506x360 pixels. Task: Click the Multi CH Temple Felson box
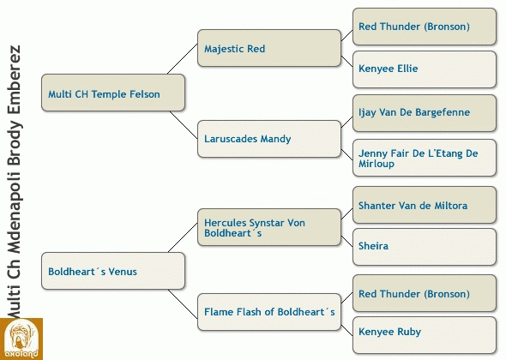pyautogui.click(x=113, y=93)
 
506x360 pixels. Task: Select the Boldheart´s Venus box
pyautogui.click(x=113, y=271)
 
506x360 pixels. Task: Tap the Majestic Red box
pyautogui.click(x=269, y=48)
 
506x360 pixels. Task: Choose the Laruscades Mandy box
pyautogui.click(x=269, y=139)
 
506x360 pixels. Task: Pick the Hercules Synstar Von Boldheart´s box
pyautogui.click(x=269, y=227)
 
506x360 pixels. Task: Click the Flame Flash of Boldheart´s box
pyautogui.click(x=269, y=312)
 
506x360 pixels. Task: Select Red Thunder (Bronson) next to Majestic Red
pyautogui.click(x=425, y=27)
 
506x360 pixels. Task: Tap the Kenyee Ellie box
pyautogui.click(x=425, y=69)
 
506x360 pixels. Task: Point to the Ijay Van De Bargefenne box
pyautogui.click(x=425, y=113)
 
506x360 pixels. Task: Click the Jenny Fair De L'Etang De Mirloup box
pyautogui.click(x=425, y=158)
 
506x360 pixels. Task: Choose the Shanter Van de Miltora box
pyautogui.click(x=425, y=205)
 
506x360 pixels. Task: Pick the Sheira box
pyautogui.click(x=425, y=247)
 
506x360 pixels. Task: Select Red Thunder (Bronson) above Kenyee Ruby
pyautogui.click(x=425, y=293)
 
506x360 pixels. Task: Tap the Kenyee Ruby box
pyautogui.click(x=425, y=335)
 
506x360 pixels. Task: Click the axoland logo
pyautogui.click(x=21, y=339)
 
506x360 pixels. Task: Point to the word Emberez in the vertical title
pyautogui.click(x=15, y=80)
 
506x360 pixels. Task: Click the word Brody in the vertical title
pyautogui.click(x=15, y=143)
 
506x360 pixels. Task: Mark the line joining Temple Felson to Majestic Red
pyautogui.click(x=183, y=59)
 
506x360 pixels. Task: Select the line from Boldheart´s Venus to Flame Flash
pyautogui.click(x=183, y=304)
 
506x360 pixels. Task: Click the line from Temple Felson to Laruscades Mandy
pyautogui.click(x=184, y=125)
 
